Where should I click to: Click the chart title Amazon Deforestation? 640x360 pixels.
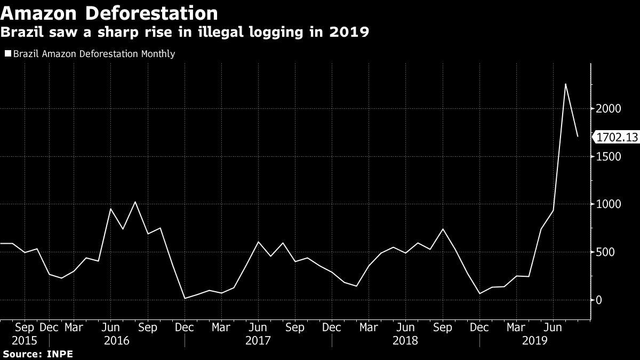point(109,13)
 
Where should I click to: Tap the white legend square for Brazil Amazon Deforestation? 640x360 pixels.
point(8,53)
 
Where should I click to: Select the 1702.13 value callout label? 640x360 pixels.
point(617,138)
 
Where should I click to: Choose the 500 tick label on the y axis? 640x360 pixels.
point(605,252)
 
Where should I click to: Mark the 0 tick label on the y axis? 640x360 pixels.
point(598,300)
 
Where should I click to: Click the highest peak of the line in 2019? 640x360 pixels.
point(565,84)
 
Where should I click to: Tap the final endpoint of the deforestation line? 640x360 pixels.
point(578,137)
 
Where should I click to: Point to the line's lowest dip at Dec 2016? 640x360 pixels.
point(185,298)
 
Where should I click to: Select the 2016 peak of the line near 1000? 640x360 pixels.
point(135,202)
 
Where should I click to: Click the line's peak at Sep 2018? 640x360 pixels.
point(443,229)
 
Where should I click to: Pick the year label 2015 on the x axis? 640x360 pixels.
point(25,341)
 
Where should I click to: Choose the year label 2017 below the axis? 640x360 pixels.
point(258,341)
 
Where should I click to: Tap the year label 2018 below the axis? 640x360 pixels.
point(405,341)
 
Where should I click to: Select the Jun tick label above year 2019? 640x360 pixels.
point(553,327)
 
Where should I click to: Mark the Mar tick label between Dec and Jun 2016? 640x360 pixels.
point(74,327)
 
